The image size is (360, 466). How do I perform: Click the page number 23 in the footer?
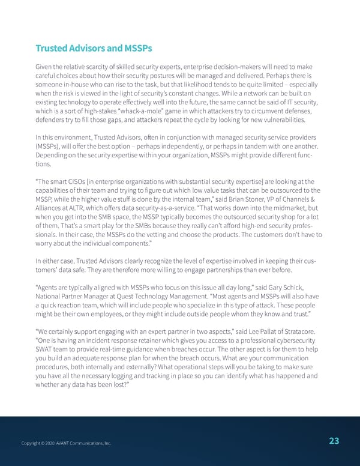click(334, 441)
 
